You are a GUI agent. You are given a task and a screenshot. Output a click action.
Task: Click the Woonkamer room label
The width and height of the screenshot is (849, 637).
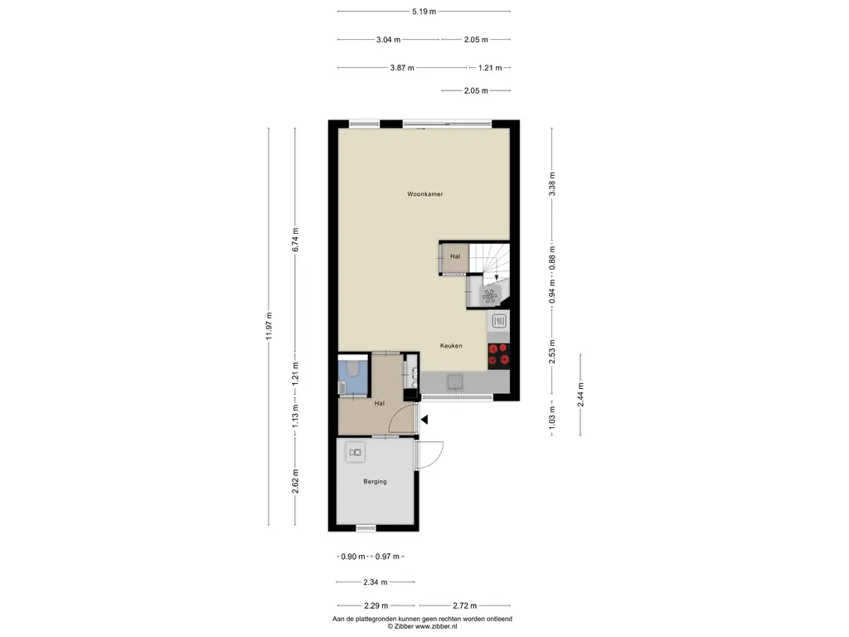tap(425, 194)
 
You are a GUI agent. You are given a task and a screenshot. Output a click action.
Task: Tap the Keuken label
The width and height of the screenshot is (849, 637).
tap(451, 346)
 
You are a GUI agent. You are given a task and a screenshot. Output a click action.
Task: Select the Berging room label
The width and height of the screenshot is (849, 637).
tap(376, 481)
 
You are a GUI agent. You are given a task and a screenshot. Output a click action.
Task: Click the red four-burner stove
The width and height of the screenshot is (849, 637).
tap(498, 356)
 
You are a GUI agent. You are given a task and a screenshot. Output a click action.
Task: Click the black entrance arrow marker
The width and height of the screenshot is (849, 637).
tap(425, 419)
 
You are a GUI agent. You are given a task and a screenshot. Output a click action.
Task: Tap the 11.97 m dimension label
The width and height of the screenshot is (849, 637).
tap(269, 326)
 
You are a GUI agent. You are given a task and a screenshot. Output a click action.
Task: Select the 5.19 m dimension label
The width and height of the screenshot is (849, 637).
tap(424, 12)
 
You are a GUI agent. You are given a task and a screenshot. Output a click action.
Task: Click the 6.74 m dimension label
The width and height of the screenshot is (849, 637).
tap(295, 240)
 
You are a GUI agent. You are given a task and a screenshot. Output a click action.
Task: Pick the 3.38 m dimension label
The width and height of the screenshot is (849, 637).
tap(552, 183)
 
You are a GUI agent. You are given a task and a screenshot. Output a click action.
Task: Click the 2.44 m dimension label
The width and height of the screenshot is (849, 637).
tap(580, 395)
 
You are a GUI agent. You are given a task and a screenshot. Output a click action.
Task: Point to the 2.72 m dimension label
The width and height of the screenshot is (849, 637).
tap(465, 605)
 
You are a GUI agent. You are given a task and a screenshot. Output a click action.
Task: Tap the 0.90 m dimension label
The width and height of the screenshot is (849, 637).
tap(353, 557)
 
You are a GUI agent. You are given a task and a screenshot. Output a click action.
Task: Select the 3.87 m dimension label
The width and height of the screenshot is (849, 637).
tap(402, 68)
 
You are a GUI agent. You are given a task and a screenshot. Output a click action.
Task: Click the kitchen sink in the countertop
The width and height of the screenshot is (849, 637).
tap(454, 382)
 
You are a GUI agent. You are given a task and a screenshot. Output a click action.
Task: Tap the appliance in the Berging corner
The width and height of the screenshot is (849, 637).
tap(355, 452)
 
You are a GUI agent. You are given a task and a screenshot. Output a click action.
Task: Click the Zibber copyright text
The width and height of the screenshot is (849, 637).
tap(422, 626)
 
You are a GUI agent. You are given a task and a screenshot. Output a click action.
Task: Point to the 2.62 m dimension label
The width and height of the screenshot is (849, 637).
tap(295, 481)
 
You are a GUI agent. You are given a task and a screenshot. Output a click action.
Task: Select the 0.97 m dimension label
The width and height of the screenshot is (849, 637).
tap(387, 557)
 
